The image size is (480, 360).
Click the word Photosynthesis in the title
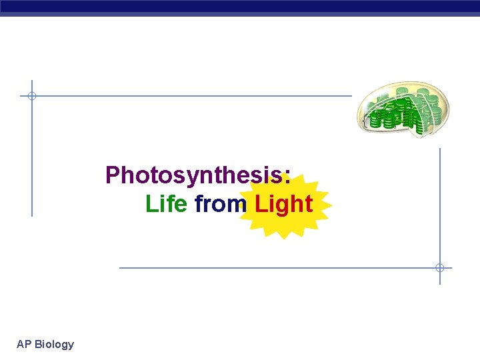point(193,176)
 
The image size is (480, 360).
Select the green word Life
point(166,204)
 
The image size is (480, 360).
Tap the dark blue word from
point(220,204)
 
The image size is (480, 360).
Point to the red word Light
point(283,204)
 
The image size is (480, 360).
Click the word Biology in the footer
point(54,345)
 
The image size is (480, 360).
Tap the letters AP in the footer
point(24,345)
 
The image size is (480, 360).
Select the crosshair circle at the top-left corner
point(31,96)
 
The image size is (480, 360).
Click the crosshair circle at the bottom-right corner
point(440,268)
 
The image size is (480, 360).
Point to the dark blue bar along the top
point(240,7)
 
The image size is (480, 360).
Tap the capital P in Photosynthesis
point(113,175)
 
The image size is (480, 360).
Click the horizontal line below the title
point(267,268)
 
